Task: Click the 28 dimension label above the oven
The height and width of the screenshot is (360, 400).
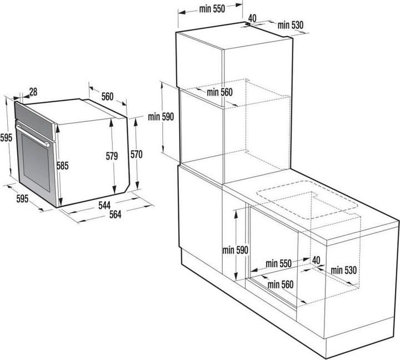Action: click(33, 92)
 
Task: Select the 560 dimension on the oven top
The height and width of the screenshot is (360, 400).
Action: click(107, 97)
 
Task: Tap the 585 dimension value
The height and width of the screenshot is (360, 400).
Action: click(62, 166)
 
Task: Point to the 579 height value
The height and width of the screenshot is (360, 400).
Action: click(112, 156)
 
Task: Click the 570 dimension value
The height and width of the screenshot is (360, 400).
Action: click(137, 154)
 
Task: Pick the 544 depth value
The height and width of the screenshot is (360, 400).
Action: click(104, 205)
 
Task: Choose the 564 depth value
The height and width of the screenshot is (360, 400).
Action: click(116, 214)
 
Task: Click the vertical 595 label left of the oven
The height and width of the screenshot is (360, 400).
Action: click(6, 138)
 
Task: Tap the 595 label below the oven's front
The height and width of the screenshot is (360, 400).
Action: click(22, 198)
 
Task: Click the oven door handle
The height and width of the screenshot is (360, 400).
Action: click(32, 136)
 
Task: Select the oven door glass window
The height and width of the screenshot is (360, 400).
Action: click(36, 162)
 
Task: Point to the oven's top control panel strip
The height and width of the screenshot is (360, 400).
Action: click(34, 121)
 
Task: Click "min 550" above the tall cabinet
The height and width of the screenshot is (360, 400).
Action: click(212, 9)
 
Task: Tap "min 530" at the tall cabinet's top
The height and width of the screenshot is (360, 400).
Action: click(291, 25)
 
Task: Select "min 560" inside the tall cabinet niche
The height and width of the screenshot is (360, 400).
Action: click(219, 92)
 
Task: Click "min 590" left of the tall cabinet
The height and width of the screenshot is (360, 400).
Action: click(161, 117)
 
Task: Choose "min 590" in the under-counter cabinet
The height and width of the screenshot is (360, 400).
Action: click(235, 250)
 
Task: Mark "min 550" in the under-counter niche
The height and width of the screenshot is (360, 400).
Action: click(278, 263)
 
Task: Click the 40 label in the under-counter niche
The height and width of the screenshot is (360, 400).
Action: click(316, 260)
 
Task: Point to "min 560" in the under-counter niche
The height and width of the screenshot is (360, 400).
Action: click(281, 284)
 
